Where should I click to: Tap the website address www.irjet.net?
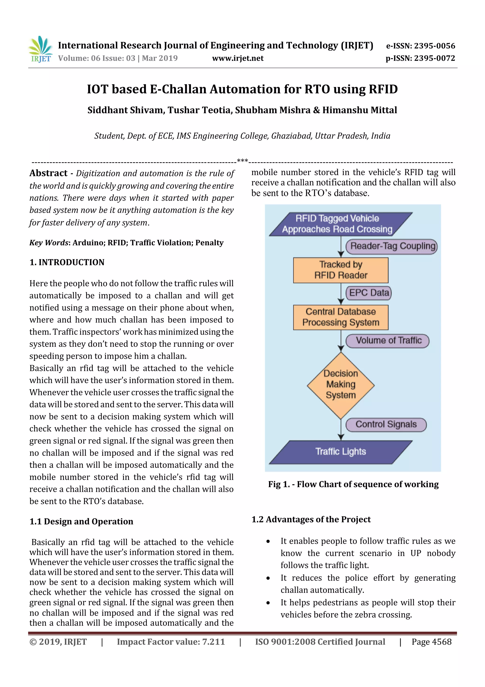click(x=238, y=58)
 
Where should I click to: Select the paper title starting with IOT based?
click(x=242, y=89)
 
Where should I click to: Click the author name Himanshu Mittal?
click(x=359, y=110)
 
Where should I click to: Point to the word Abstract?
click(x=48, y=173)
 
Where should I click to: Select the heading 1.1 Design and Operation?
click(x=81, y=521)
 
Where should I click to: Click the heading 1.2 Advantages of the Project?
click(x=311, y=519)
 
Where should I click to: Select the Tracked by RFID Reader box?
click(x=341, y=270)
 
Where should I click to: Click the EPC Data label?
click(x=369, y=293)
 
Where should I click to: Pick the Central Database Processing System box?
click(x=341, y=317)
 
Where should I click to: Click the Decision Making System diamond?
click(x=341, y=385)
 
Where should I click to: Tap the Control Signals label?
click(x=386, y=424)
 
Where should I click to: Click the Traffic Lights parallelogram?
click(x=341, y=452)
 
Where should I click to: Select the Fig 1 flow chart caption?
click(x=353, y=484)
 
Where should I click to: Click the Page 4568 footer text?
click(x=431, y=641)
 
